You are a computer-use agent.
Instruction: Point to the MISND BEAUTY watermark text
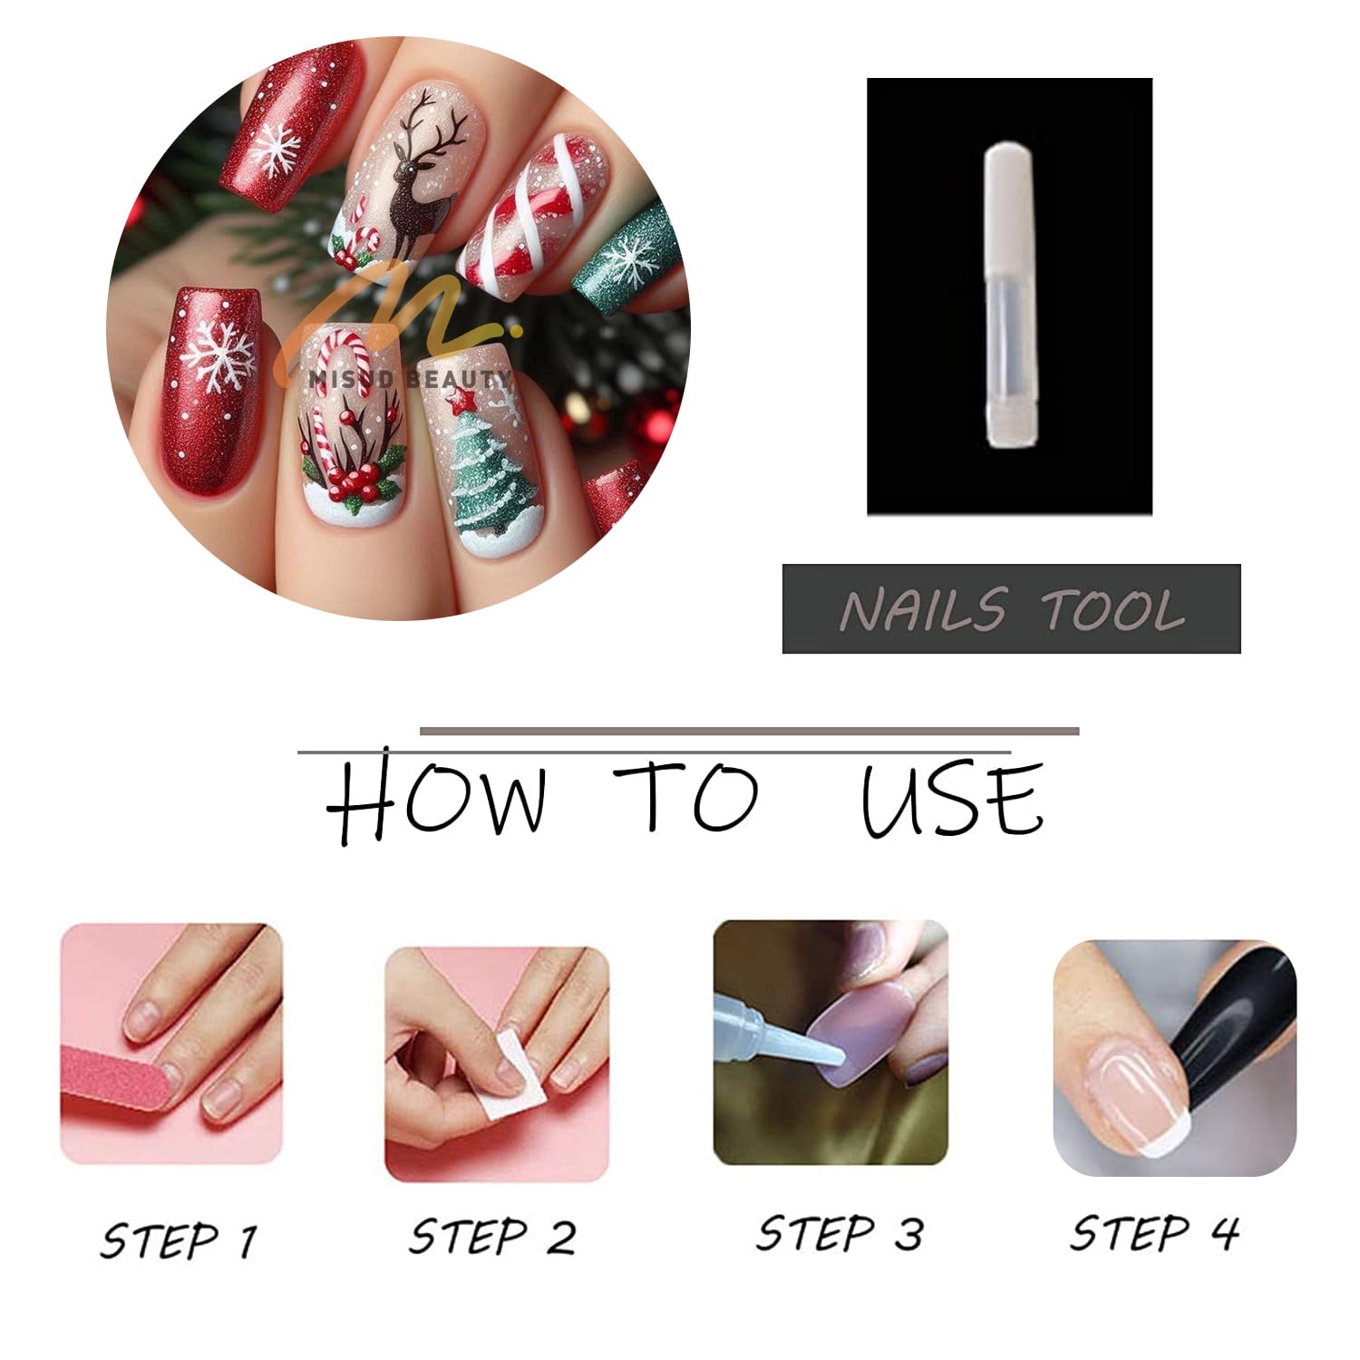point(411,378)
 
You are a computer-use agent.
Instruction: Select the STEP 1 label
point(179,1239)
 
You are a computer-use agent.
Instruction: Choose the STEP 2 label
point(492,1236)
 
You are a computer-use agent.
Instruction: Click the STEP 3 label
point(840,1233)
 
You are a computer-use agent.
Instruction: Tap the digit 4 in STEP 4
point(1225,1231)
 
